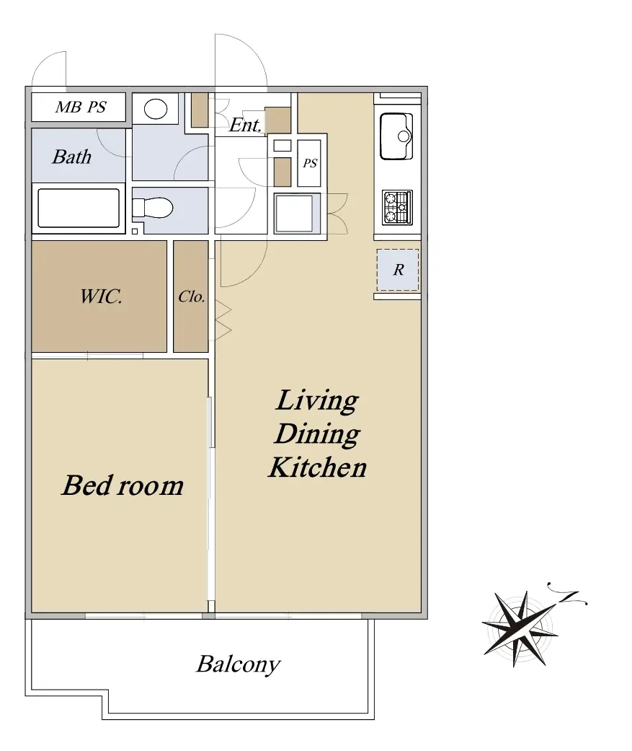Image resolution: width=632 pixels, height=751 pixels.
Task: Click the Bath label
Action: click(x=72, y=157)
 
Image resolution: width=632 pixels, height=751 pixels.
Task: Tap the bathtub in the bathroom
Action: click(x=79, y=208)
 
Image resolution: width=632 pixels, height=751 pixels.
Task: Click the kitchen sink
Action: click(x=396, y=136)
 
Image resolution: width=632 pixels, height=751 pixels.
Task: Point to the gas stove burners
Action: click(x=397, y=207)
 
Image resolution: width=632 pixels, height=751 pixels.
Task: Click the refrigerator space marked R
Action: click(x=398, y=270)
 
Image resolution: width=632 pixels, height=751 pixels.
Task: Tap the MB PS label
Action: click(x=81, y=107)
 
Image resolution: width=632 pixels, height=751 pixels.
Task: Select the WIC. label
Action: click(x=101, y=297)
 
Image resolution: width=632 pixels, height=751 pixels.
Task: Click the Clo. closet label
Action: click(x=192, y=297)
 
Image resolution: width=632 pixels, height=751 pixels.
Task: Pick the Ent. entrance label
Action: click(x=245, y=125)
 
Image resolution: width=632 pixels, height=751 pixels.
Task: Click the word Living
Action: click(x=317, y=401)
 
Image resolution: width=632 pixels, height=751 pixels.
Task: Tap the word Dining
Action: click(x=317, y=434)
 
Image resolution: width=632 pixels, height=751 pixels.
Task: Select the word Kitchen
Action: click(x=318, y=467)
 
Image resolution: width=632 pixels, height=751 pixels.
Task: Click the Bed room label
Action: click(x=123, y=486)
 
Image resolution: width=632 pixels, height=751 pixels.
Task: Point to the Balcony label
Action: click(x=239, y=664)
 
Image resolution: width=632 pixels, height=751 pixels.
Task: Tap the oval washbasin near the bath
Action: click(x=156, y=109)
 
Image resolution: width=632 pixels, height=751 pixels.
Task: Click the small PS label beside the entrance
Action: click(x=310, y=163)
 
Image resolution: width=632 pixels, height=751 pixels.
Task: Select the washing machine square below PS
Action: click(x=294, y=214)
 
